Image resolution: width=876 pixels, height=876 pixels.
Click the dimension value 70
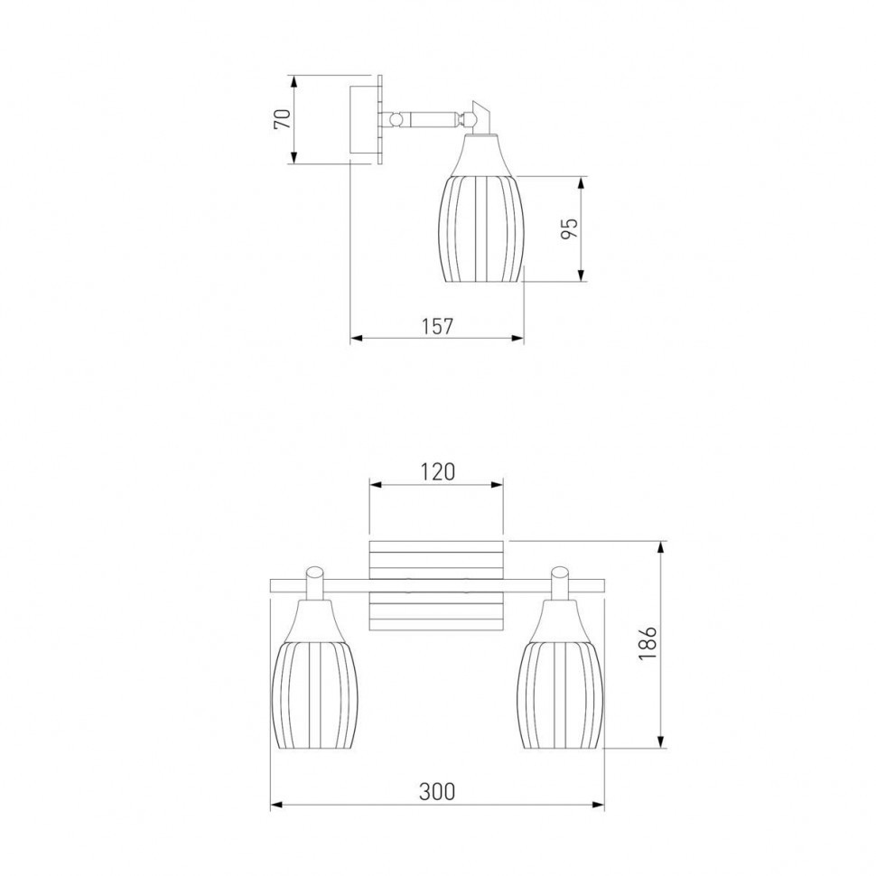pos(283,119)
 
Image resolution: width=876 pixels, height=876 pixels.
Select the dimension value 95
pos(569,228)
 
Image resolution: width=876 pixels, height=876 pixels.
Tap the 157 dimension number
pos(437,326)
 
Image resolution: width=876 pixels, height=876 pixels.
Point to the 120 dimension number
pos(437,472)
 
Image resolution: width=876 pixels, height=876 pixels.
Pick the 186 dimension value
pos(648,642)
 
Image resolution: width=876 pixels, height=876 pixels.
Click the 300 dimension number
pos(437,792)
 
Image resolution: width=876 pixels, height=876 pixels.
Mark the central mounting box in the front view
pos(436,585)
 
